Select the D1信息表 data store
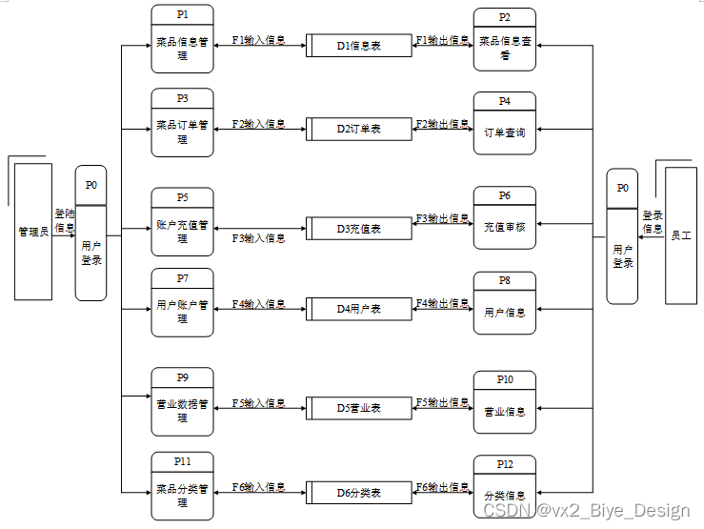pyautogui.click(x=358, y=46)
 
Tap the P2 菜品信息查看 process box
pyautogui.click(x=505, y=40)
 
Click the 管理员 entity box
pyautogui.click(x=33, y=231)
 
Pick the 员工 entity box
pyautogui.click(x=680, y=234)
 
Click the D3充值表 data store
pyautogui.click(x=358, y=229)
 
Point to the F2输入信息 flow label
pyautogui.click(x=258, y=124)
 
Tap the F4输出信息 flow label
pyautogui.click(x=442, y=303)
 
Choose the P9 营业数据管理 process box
pyautogui.click(x=182, y=402)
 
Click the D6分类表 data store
pyautogui.click(x=358, y=493)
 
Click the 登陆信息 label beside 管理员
pyautogui.click(x=65, y=221)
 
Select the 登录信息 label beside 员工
pyautogui.click(x=653, y=222)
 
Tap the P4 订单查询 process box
pyautogui.click(x=505, y=124)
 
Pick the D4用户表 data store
pyautogui.click(x=358, y=309)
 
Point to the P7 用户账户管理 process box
pyautogui.click(x=182, y=303)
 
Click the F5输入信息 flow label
pyautogui.click(x=258, y=403)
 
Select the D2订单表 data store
pyautogui.click(x=358, y=129)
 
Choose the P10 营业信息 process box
pyautogui.click(x=505, y=402)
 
